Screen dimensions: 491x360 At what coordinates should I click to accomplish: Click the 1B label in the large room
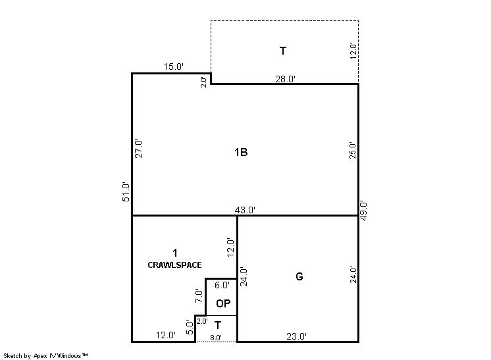tap(241, 152)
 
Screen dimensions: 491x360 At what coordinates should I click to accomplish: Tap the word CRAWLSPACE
tap(174, 265)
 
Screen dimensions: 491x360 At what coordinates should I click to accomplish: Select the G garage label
tap(299, 276)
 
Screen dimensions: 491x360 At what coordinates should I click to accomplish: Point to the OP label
tap(223, 303)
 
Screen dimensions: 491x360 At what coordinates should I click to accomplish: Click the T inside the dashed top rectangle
tap(283, 51)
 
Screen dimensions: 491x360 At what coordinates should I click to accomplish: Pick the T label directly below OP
tap(218, 326)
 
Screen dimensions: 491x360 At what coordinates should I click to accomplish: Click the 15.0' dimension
tap(174, 66)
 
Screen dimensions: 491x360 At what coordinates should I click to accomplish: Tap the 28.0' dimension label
tap(285, 79)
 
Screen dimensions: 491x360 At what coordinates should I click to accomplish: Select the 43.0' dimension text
tap(245, 210)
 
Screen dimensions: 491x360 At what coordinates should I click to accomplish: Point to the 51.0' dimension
tap(126, 192)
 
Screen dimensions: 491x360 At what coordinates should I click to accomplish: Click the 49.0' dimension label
tap(363, 211)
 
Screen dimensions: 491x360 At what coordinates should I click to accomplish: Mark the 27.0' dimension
tap(138, 149)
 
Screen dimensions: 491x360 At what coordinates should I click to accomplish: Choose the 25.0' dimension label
tap(353, 150)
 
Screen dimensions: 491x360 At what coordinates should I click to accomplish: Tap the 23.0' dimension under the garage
tap(296, 336)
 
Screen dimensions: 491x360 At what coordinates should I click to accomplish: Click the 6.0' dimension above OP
tap(222, 285)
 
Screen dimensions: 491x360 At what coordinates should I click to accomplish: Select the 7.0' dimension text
tap(199, 296)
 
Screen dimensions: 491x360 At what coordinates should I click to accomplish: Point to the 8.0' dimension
tap(216, 338)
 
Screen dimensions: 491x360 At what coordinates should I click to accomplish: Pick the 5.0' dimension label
tap(190, 328)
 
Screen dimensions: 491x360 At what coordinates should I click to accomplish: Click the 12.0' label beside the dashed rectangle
tap(353, 51)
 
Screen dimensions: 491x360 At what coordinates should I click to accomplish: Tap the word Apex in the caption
tap(40, 356)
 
